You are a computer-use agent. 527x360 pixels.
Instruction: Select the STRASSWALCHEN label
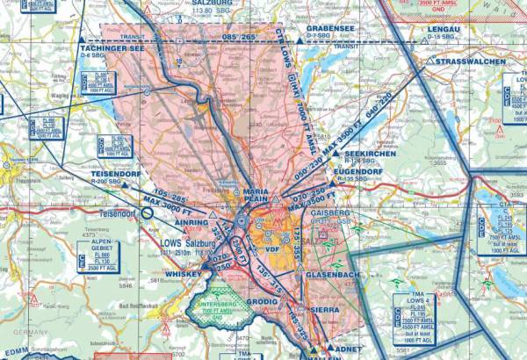pyautogui.click(x=475, y=62)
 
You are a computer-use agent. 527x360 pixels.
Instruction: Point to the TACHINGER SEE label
pyautogui.click(x=112, y=50)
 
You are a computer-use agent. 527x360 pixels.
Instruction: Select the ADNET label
pyautogui.click(x=343, y=349)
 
